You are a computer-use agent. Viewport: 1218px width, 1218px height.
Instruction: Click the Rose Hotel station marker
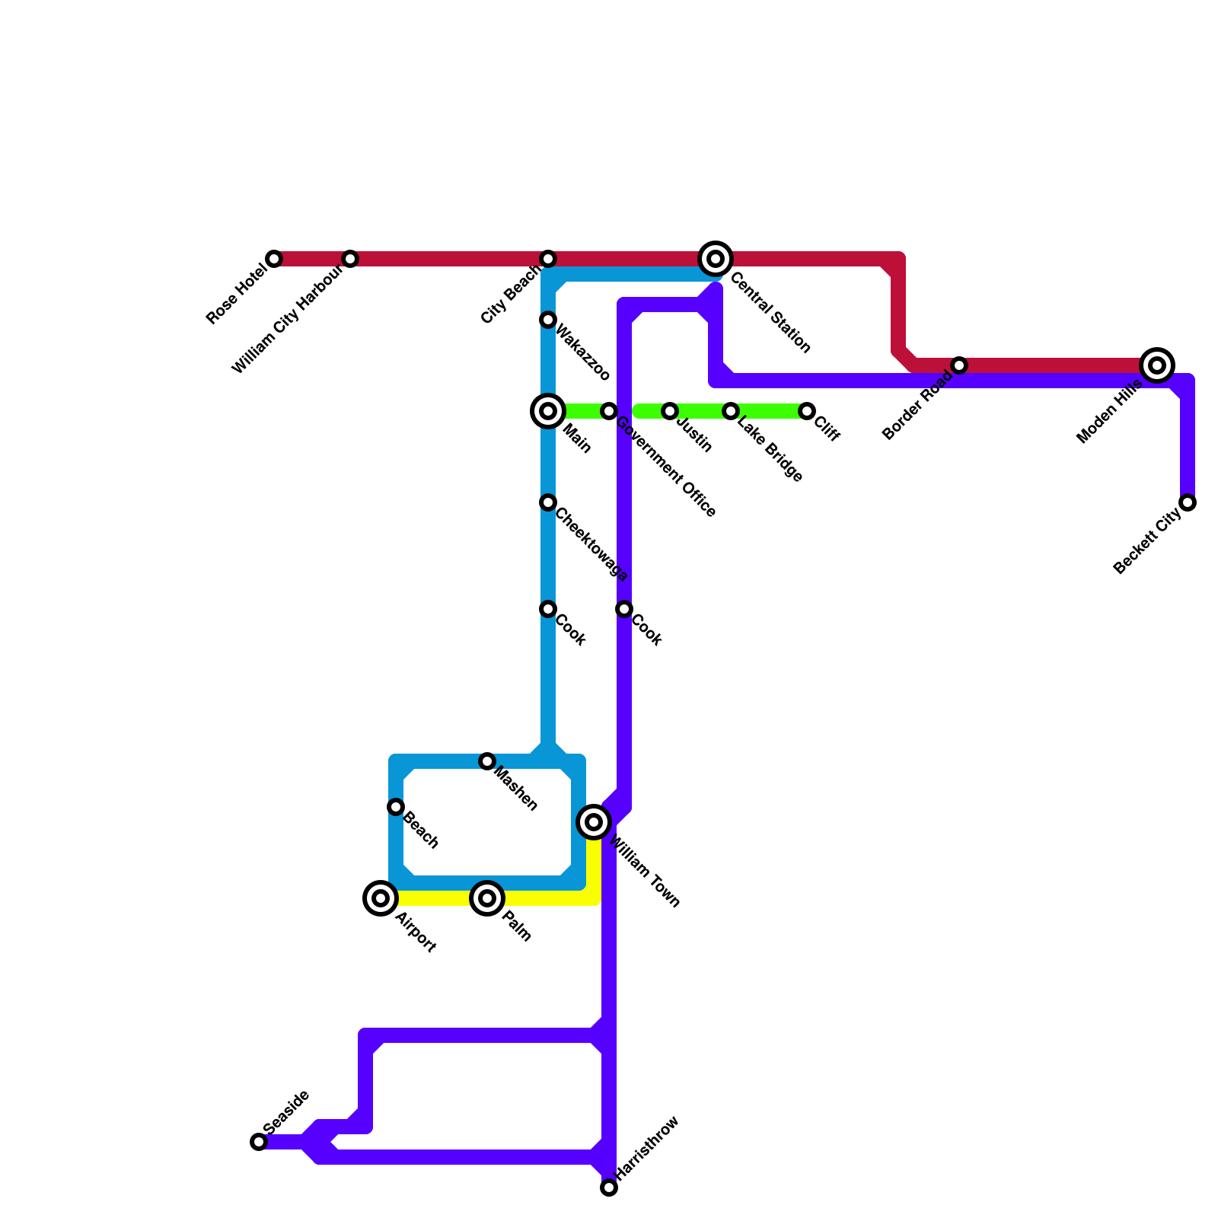[274, 259]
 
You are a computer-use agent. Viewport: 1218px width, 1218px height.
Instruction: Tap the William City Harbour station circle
[350, 259]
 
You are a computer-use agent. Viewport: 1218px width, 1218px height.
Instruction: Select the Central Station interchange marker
[716, 259]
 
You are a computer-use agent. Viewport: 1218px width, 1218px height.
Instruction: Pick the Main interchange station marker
[548, 411]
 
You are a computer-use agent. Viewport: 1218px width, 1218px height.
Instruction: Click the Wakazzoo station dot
[548, 320]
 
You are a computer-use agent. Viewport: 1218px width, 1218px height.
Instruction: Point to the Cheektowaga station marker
[548, 502]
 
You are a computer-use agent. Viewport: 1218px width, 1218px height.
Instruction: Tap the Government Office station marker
[609, 411]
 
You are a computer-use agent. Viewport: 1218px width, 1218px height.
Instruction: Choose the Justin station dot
[670, 411]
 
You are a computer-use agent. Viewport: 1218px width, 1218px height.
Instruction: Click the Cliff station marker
[807, 411]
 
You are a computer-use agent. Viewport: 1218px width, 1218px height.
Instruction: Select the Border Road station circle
[959, 365]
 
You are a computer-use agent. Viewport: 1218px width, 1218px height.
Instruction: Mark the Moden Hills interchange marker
[1157, 365]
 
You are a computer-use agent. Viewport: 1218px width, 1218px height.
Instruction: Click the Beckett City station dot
[1188, 502]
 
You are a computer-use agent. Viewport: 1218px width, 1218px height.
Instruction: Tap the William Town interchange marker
[594, 822]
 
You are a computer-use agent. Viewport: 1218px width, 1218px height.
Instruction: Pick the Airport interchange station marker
[381, 898]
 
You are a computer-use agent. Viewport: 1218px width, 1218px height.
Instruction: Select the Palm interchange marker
[487, 898]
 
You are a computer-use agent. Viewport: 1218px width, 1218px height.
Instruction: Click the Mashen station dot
[487, 761]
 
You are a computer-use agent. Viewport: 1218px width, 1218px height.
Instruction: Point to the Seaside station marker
[259, 1142]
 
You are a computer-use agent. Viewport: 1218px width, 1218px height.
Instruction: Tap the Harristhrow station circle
[609, 1188]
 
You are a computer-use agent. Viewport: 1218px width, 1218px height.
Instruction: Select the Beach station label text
[421, 831]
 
